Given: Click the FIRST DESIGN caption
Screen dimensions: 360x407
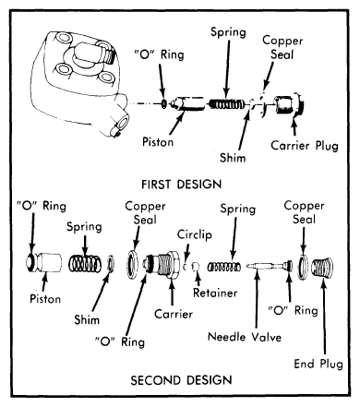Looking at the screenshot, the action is point(181,185).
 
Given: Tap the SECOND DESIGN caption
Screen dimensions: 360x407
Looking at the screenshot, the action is point(181,380).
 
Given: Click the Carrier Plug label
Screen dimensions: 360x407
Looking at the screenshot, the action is point(305,146).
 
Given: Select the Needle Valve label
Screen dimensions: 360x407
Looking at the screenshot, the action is point(245,337).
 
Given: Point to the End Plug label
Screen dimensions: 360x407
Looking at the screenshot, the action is point(318,364).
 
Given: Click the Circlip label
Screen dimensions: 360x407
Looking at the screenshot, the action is point(195,234).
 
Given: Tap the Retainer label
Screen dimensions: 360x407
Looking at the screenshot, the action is point(215,293).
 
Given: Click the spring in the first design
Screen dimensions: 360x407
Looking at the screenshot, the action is point(227,104).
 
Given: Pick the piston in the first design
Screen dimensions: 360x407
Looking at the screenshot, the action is point(187,103).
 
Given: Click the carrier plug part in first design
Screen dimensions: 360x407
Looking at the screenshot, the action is point(289,104).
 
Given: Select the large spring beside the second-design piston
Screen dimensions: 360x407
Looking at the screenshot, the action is point(85,264).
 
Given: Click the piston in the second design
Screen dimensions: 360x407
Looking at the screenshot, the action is point(43,262).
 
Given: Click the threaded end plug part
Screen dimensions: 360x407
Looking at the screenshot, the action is point(322,266).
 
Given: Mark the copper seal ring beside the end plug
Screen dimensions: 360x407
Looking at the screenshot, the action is point(303,267).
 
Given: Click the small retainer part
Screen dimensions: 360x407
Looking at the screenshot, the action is point(196,267).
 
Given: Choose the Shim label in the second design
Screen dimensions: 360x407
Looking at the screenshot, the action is point(87,320).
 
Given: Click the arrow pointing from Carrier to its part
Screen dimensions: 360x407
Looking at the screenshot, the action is point(172,293).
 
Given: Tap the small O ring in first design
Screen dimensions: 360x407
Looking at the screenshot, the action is point(164,104).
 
